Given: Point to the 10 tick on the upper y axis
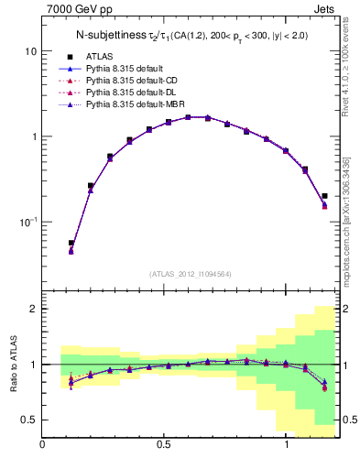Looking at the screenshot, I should (x=31, y=51).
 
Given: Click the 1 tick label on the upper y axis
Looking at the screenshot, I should (x=34, y=136).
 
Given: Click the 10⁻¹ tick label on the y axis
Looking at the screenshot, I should (x=29, y=222).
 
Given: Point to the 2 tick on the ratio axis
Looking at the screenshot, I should (x=34, y=310).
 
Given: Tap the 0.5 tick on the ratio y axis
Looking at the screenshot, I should (x=30, y=420).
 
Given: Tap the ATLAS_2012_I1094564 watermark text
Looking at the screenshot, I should (x=190, y=273).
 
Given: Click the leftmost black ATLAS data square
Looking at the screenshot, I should (x=71, y=243).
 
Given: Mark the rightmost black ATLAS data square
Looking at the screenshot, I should (x=325, y=195).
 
